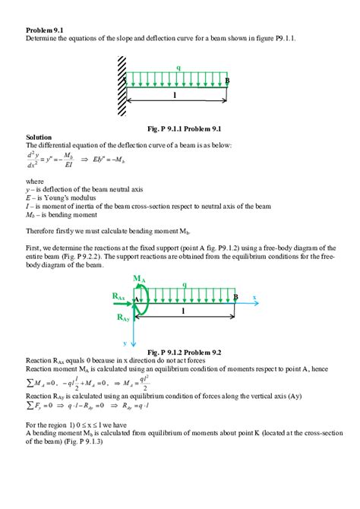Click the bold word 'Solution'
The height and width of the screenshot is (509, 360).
pos(40,137)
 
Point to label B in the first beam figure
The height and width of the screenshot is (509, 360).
pos(227,81)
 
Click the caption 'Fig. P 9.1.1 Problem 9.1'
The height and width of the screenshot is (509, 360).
pos(179,128)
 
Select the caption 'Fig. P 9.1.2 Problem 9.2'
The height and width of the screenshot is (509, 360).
pos(181,352)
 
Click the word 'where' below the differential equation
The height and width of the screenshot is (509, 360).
pos(35,182)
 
